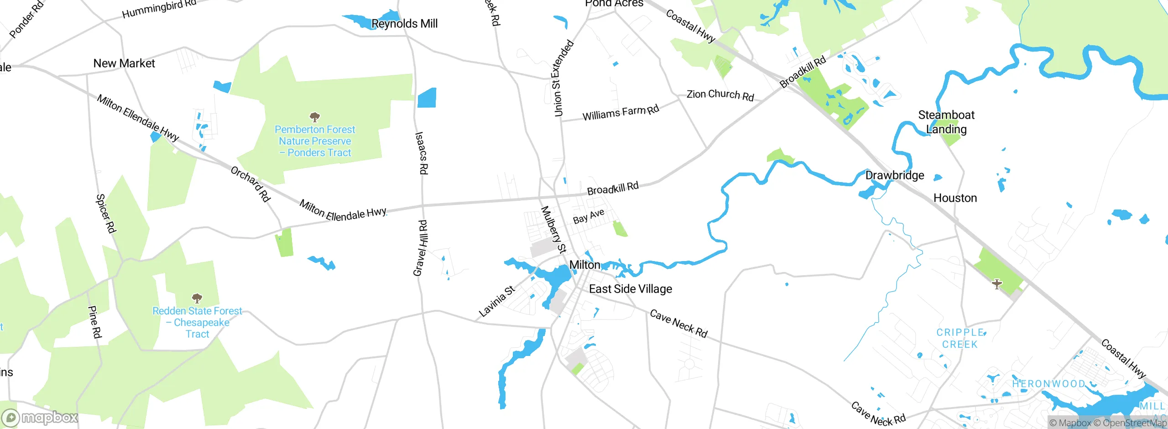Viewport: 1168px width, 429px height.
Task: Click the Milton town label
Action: point(584,265)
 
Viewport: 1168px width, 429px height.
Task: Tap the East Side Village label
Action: point(630,289)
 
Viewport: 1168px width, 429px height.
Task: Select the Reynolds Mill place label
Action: point(404,23)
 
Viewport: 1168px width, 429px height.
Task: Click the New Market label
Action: point(124,63)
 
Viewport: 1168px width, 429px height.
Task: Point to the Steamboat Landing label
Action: point(946,122)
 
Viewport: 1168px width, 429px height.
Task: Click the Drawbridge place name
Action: point(894,175)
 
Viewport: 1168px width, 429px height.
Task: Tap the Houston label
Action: point(955,198)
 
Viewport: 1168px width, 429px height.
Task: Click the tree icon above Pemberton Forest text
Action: point(315,117)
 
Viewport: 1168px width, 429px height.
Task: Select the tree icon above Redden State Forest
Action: point(197,298)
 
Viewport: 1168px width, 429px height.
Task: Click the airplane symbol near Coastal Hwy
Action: point(997,284)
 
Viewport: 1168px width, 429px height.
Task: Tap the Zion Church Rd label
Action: point(720,95)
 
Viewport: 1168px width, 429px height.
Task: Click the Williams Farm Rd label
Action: point(620,113)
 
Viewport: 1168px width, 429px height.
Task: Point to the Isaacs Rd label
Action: point(422,153)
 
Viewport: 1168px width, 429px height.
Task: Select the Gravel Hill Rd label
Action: point(420,248)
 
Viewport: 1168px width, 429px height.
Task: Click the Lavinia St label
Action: point(497,301)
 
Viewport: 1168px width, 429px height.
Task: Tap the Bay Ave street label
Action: point(589,216)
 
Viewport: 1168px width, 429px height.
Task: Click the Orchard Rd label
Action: point(250,184)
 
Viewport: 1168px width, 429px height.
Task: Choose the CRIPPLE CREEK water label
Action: point(960,339)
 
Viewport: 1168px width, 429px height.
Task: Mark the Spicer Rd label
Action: point(105,213)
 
